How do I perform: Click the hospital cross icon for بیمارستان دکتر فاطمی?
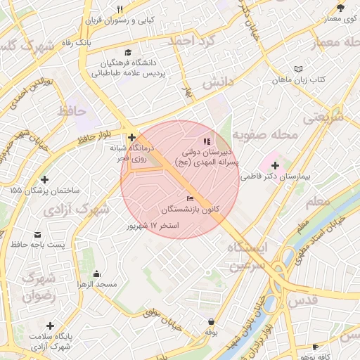275,165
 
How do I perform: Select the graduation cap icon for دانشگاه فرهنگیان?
127,52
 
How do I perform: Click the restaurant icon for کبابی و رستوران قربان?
120,9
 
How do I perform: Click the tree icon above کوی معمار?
341,8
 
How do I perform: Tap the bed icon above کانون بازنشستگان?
190,199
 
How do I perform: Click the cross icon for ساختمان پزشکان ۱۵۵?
46,179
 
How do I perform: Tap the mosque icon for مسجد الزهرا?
96,274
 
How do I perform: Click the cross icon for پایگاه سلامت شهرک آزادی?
50,326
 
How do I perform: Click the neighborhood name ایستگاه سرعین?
248,256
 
